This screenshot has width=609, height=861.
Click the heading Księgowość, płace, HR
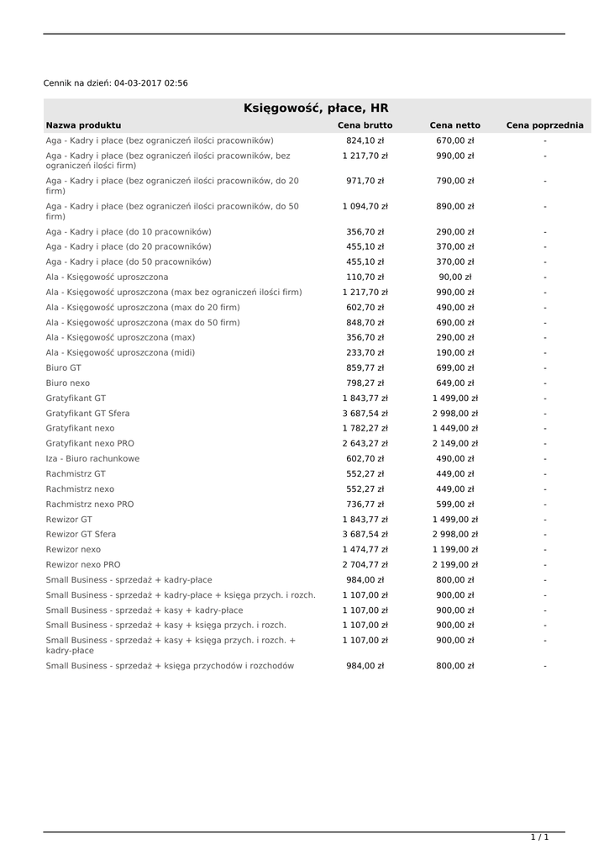click(x=316, y=108)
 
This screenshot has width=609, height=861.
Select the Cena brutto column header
click(x=365, y=125)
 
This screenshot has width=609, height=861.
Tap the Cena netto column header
click(x=454, y=125)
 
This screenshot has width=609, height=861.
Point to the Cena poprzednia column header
click(x=544, y=125)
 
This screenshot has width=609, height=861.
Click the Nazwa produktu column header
click(x=83, y=125)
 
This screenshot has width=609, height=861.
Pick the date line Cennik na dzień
click(x=116, y=83)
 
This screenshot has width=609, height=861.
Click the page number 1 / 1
click(x=539, y=837)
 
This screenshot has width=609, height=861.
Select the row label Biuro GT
click(x=64, y=367)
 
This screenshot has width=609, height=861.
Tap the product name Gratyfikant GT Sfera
click(x=87, y=413)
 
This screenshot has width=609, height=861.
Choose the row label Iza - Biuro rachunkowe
click(x=92, y=458)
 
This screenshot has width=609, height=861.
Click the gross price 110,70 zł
click(x=365, y=277)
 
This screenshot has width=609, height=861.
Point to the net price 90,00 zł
click(x=454, y=277)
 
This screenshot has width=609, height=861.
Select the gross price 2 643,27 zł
click(x=365, y=443)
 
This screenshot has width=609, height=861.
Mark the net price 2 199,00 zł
click(x=454, y=564)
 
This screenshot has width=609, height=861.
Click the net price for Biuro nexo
click(x=454, y=383)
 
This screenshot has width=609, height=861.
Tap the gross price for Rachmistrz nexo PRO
click(x=365, y=504)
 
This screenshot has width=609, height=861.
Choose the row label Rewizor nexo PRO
click(x=83, y=564)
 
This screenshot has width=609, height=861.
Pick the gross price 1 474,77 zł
click(x=365, y=549)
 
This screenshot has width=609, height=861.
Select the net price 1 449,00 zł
click(x=454, y=428)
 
